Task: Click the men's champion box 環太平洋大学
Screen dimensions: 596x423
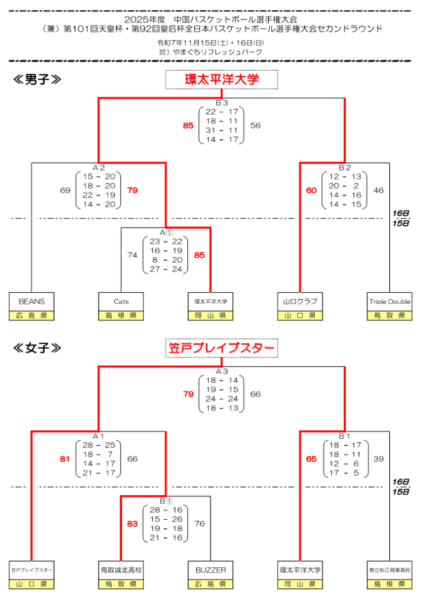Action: click(222, 80)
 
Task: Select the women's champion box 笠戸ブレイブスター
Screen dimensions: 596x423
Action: click(221, 349)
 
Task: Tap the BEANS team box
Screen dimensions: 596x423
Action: click(31, 301)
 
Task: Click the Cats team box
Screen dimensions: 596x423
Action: click(121, 301)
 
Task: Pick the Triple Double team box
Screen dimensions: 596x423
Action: click(389, 301)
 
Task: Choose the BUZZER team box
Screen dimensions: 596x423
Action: click(210, 570)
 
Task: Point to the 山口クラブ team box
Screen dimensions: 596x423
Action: click(300, 301)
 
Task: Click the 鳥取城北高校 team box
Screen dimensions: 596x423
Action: click(121, 570)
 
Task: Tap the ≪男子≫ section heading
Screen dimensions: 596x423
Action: click(37, 80)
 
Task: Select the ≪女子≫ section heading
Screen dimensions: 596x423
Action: click(37, 348)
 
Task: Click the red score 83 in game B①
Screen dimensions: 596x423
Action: click(133, 523)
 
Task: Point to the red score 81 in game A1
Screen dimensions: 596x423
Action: click(65, 459)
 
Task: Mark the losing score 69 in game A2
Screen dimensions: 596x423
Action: click(65, 190)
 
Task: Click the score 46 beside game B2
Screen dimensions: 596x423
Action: click(379, 190)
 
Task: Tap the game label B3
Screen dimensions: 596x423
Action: click(221, 103)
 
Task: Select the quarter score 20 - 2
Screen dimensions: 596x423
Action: click(345, 186)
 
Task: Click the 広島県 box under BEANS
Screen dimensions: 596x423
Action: click(31, 315)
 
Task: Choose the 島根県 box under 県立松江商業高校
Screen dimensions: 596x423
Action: click(389, 584)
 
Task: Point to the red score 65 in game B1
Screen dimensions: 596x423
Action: click(311, 459)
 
